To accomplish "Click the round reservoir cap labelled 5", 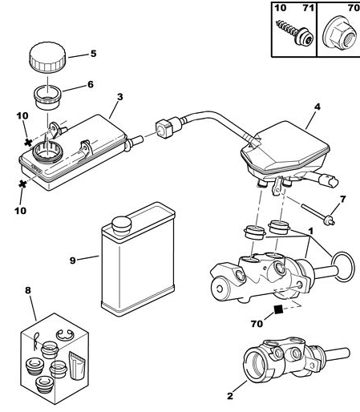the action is click(47, 57).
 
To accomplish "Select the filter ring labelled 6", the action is click(47, 97).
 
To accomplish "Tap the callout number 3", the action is click(120, 97).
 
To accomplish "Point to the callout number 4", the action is click(317, 107).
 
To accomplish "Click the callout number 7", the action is click(342, 199).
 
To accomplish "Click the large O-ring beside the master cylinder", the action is click(343, 266).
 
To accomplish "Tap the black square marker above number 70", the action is click(278, 309).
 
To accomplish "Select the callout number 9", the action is click(73, 261).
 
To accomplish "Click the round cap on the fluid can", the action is click(122, 224).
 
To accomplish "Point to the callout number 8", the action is click(28, 290).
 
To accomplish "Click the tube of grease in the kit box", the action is click(78, 366).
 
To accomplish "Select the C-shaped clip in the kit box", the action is click(66, 335).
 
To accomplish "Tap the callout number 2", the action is click(230, 396).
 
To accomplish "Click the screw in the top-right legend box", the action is click(294, 32).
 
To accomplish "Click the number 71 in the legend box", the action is click(308, 8).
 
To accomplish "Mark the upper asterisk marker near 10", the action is click(28, 143).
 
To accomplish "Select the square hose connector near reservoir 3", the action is click(164, 129).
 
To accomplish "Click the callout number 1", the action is click(311, 231).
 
